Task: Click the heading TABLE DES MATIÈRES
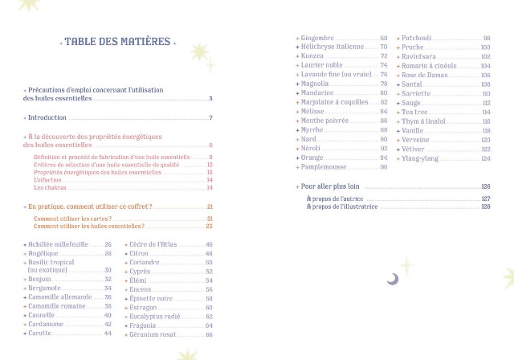118,42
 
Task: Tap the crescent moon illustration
393,279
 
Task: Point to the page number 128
486,207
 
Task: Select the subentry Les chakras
50,187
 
